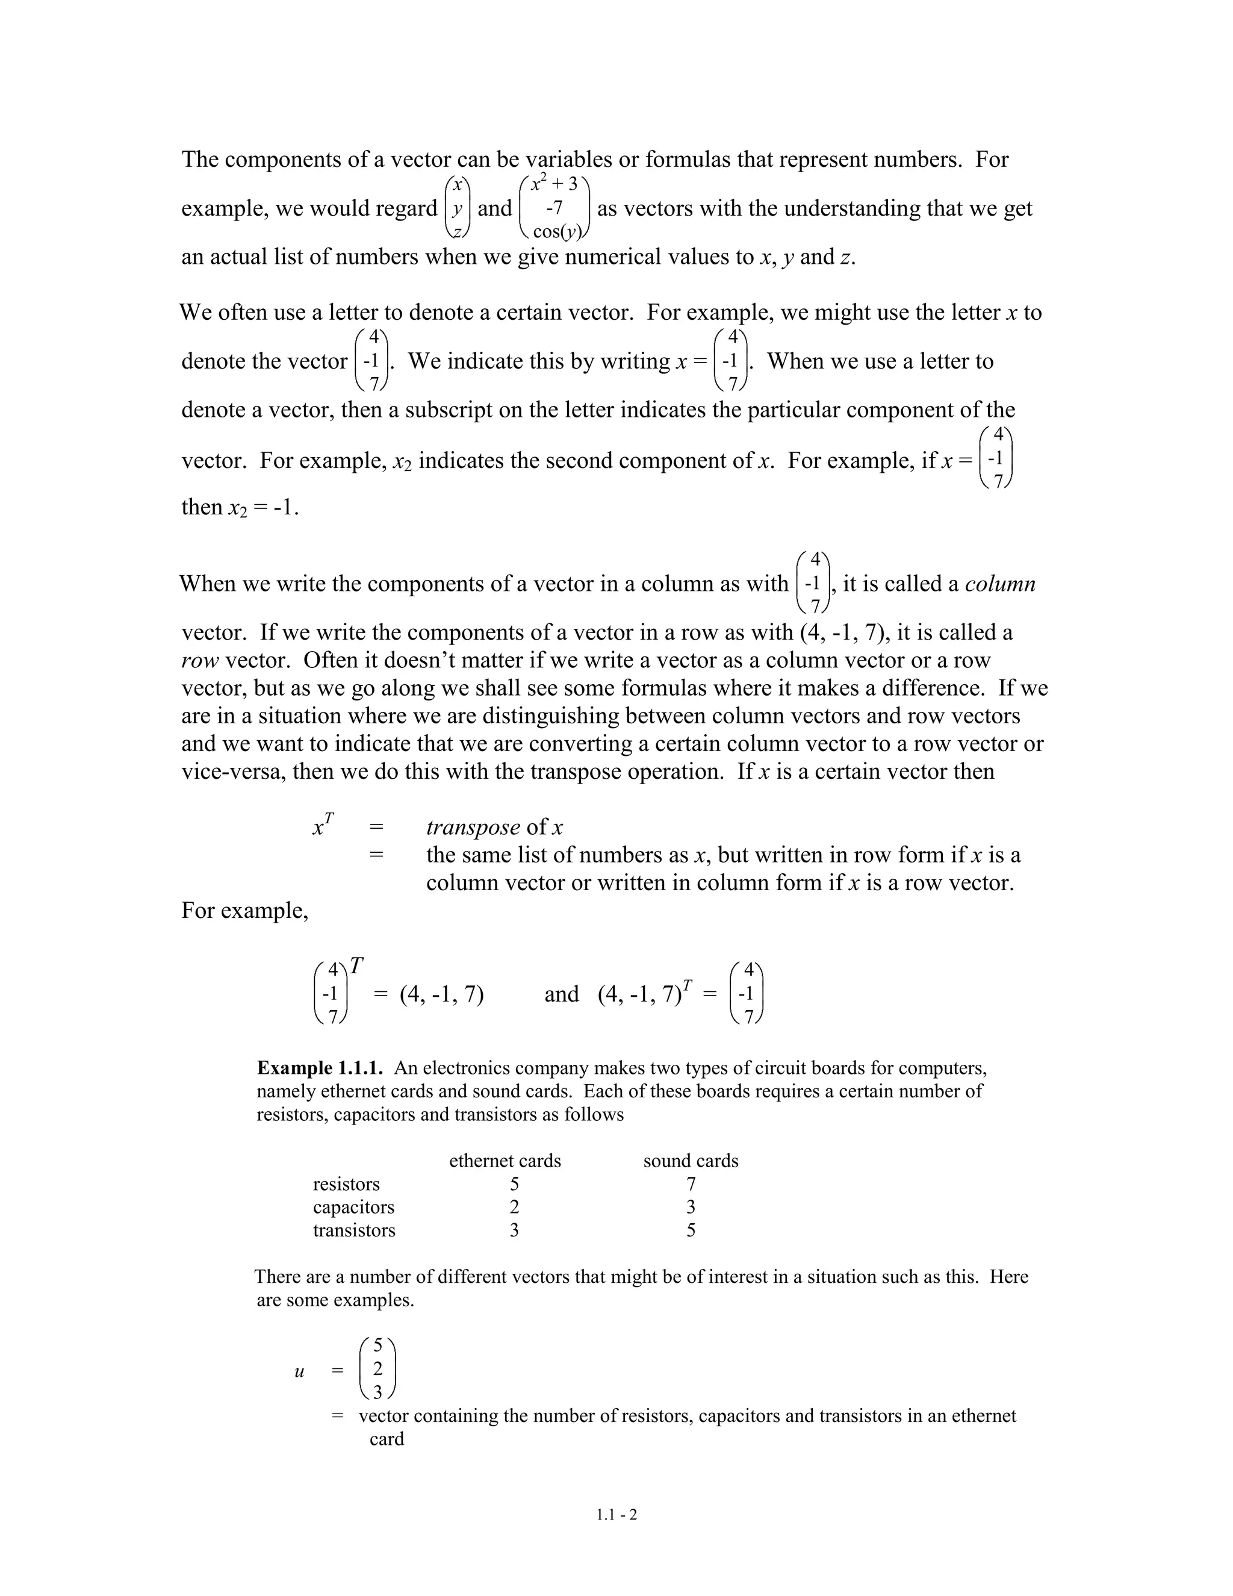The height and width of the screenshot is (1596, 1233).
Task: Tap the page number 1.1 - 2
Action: coord(616,1514)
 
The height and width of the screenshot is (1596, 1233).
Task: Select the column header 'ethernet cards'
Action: coord(505,1161)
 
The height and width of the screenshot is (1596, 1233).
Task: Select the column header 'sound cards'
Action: coord(691,1161)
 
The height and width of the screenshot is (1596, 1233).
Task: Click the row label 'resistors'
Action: coord(346,1184)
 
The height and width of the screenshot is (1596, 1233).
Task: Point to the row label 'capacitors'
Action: coord(353,1207)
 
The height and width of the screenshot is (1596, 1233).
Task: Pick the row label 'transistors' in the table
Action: coord(354,1230)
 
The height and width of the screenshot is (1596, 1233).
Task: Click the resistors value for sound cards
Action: coord(691,1184)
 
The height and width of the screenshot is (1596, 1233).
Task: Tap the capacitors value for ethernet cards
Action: coord(514,1207)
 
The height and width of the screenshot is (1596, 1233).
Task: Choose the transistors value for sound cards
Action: coord(691,1230)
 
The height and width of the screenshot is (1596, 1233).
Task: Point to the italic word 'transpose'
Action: coord(473,828)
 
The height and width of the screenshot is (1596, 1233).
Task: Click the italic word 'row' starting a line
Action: coord(199,661)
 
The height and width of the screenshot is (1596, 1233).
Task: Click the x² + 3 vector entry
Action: coord(554,184)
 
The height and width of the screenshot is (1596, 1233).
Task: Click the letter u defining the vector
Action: coord(299,1371)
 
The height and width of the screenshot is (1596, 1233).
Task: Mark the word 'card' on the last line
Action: coord(387,1439)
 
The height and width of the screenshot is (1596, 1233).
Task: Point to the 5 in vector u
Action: coord(377,1345)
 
